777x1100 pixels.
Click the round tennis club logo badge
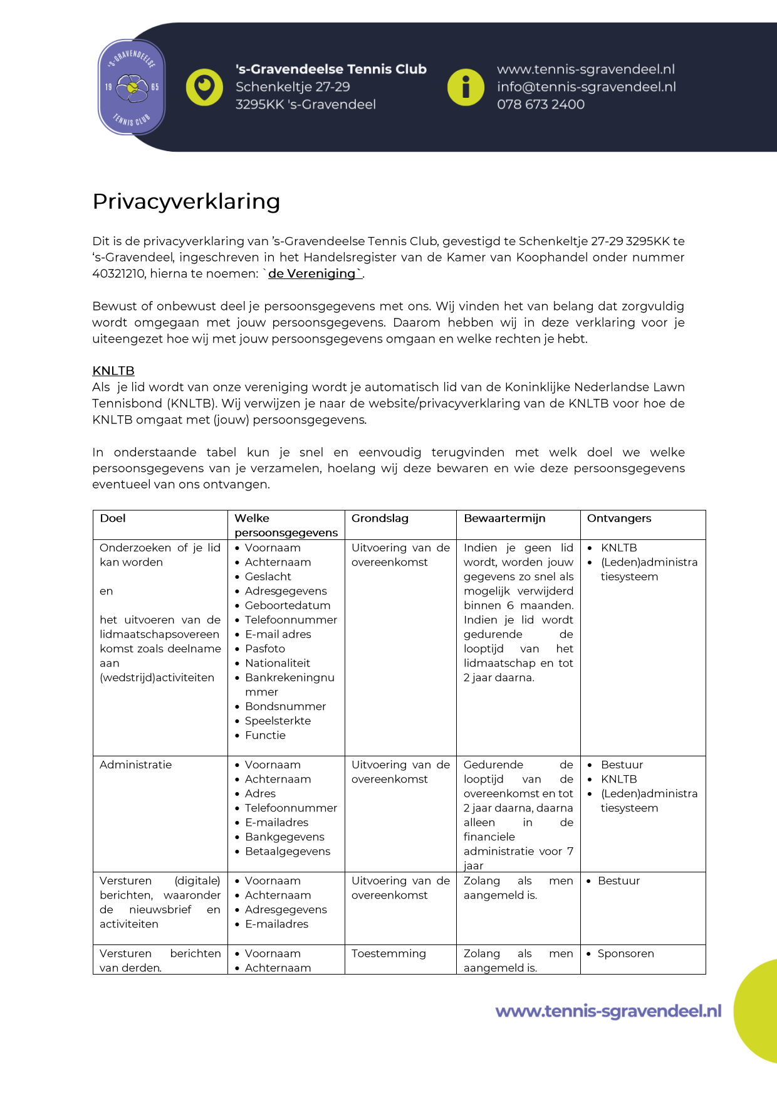[x=132, y=87]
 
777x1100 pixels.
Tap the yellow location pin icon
[x=204, y=87]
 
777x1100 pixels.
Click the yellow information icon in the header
[x=466, y=87]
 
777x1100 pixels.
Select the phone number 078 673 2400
[x=541, y=105]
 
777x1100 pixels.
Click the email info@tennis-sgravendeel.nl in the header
[x=586, y=87]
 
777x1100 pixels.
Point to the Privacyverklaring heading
[x=186, y=201]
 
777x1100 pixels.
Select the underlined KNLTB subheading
[x=113, y=371]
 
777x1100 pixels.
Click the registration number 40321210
[x=118, y=273]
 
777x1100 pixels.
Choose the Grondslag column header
[x=380, y=519]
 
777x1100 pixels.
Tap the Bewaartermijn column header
[x=504, y=519]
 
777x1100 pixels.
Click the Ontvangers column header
[x=619, y=519]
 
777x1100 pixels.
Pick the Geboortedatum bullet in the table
[x=288, y=606]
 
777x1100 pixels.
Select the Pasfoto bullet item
[x=265, y=649]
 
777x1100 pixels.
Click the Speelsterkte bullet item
[x=278, y=721]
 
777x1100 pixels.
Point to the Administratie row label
[x=135, y=765]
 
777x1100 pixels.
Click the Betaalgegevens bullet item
[x=288, y=852]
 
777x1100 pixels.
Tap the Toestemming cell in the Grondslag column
[x=388, y=954]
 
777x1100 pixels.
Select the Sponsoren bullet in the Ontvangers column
[x=625, y=954]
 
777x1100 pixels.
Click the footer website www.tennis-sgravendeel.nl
[x=608, y=1011]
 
